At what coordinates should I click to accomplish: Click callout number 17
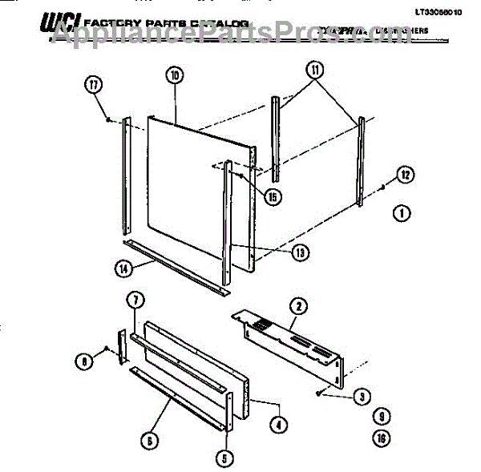point(95,84)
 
